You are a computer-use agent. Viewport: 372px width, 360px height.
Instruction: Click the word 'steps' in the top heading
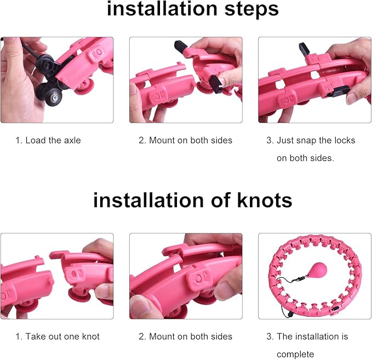[x=251, y=9]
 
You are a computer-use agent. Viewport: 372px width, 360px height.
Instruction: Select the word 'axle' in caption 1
[x=72, y=140]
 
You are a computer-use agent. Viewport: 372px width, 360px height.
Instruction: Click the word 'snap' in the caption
[x=306, y=140]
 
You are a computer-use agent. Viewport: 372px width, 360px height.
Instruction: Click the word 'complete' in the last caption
[x=295, y=355]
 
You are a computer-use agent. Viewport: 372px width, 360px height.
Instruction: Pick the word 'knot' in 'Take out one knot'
[x=90, y=336]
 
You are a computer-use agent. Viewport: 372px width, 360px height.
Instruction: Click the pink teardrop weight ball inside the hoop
[x=317, y=270]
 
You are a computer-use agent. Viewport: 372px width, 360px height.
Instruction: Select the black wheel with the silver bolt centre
[x=54, y=97]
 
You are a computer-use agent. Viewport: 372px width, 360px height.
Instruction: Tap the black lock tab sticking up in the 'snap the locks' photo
[x=304, y=48]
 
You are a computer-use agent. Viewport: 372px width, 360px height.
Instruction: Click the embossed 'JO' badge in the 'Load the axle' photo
[x=97, y=54]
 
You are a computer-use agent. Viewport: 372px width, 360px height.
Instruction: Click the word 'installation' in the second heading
[x=148, y=201]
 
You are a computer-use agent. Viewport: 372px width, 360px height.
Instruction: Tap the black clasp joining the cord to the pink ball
[x=302, y=277]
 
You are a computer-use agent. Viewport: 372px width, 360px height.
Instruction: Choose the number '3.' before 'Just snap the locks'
[x=270, y=140]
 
